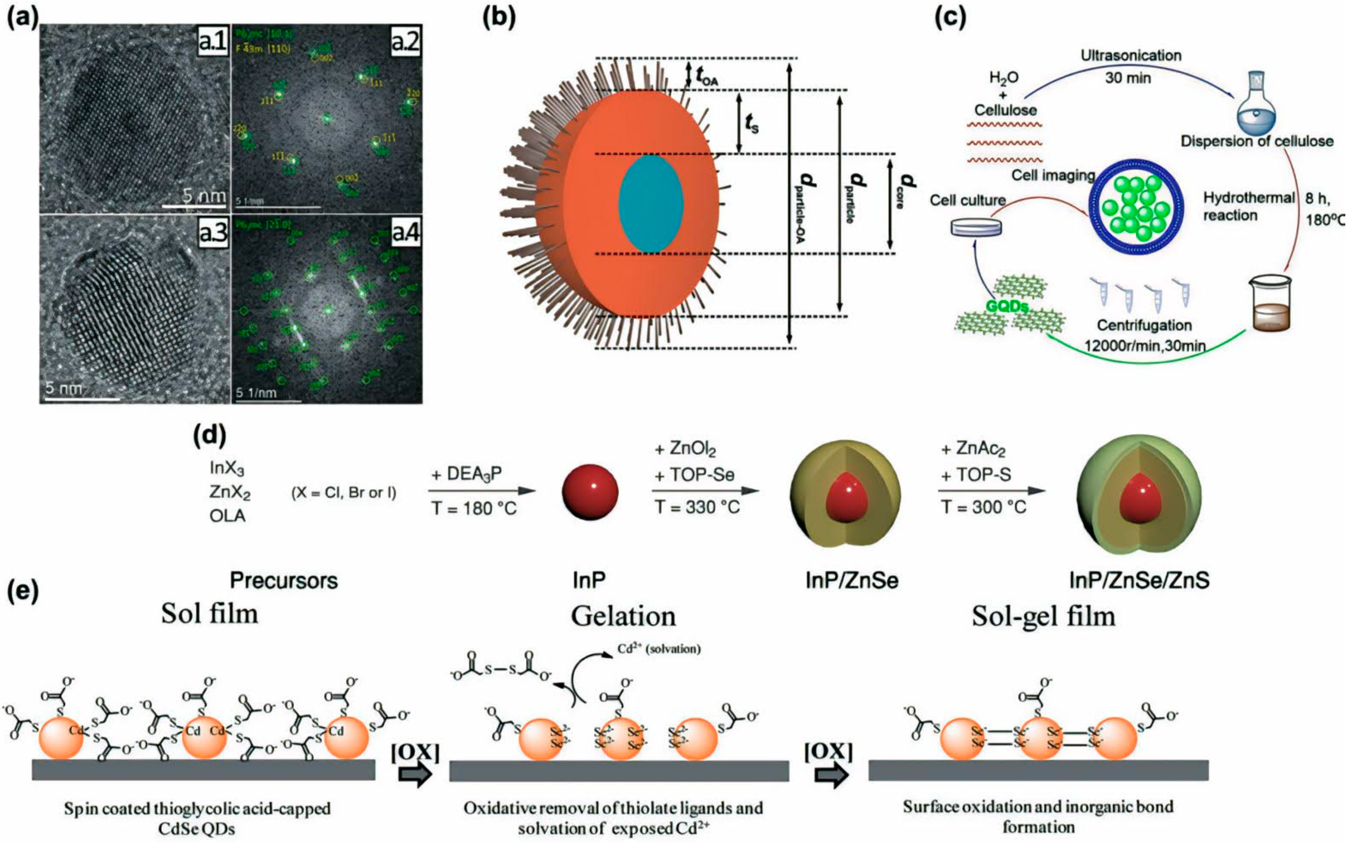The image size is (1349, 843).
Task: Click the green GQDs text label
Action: (x=1007, y=307)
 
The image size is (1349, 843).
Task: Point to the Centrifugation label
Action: (x=1144, y=325)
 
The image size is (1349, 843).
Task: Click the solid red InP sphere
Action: (x=590, y=491)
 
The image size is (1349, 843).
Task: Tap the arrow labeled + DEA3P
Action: (x=482, y=491)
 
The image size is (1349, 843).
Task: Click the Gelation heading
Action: (x=623, y=617)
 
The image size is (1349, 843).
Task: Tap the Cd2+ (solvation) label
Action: (x=659, y=649)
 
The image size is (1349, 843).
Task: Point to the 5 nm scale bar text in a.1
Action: (x=204, y=196)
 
